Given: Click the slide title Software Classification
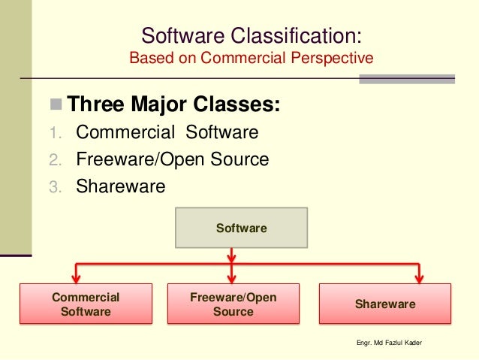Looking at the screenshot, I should [x=251, y=35].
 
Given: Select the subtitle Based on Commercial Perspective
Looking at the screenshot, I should [x=251, y=58].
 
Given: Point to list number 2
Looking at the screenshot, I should [x=54, y=160].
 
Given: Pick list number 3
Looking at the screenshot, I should [x=54, y=186].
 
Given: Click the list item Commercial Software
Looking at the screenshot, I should [x=167, y=133].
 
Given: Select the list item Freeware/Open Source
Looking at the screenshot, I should [x=173, y=159].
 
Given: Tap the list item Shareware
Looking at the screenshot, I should [x=120, y=186].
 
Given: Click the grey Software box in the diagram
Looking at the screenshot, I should [x=241, y=227].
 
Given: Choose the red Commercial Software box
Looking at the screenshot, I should [x=85, y=304].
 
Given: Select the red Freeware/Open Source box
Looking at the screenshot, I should [x=233, y=304].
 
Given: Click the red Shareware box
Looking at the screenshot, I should [x=385, y=304].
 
